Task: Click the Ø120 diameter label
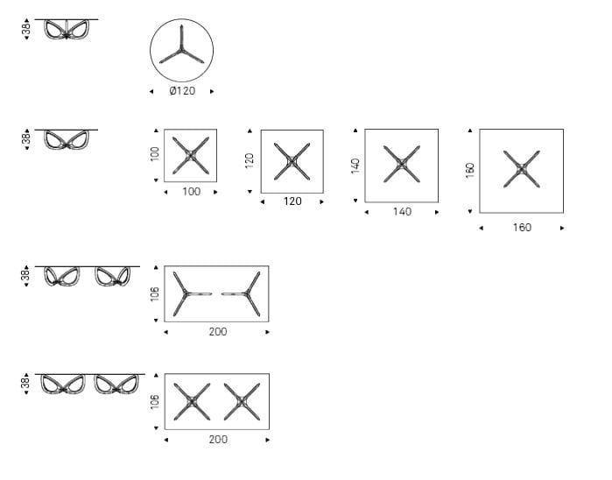coord(182,91)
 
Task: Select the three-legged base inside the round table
coord(181,49)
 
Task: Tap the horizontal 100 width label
coord(191,192)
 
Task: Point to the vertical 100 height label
coord(155,154)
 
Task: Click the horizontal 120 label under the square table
coord(292,201)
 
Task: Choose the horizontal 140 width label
coord(402,212)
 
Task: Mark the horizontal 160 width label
coord(522,228)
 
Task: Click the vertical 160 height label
coord(470,171)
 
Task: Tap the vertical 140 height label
coord(355,166)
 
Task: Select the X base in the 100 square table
coord(191,155)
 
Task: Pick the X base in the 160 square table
coord(522,169)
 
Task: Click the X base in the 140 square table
coord(402,164)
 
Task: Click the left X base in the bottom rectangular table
coord(192,401)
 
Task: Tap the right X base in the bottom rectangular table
coord(242,401)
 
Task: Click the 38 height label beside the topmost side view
coord(26,29)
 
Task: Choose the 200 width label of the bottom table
coord(218,440)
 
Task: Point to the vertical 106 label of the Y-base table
coord(155,293)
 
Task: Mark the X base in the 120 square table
coord(292,161)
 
